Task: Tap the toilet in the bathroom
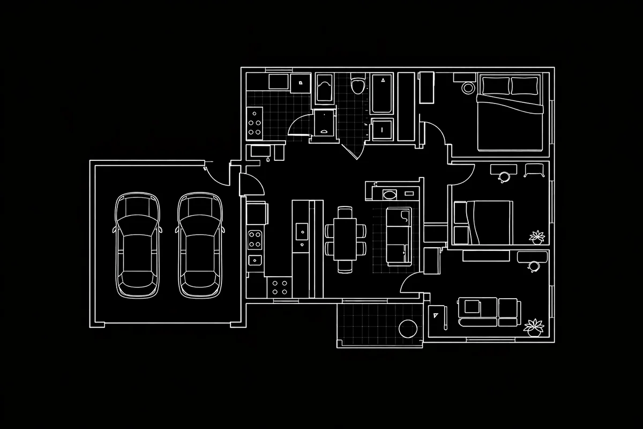(x=357, y=85)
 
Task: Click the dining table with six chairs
(x=346, y=239)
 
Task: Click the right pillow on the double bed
(x=525, y=85)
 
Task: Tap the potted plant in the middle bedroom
(x=536, y=236)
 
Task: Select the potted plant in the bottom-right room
(x=534, y=326)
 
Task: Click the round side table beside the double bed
(x=468, y=87)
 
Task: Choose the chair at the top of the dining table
(x=346, y=212)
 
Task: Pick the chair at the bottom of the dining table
(x=346, y=265)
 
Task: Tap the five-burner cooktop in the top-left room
(x=255, y=122)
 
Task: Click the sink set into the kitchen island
(x=303, y=232)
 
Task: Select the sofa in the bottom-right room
(x=489, y=312)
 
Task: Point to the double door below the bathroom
(x=352, y=151)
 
